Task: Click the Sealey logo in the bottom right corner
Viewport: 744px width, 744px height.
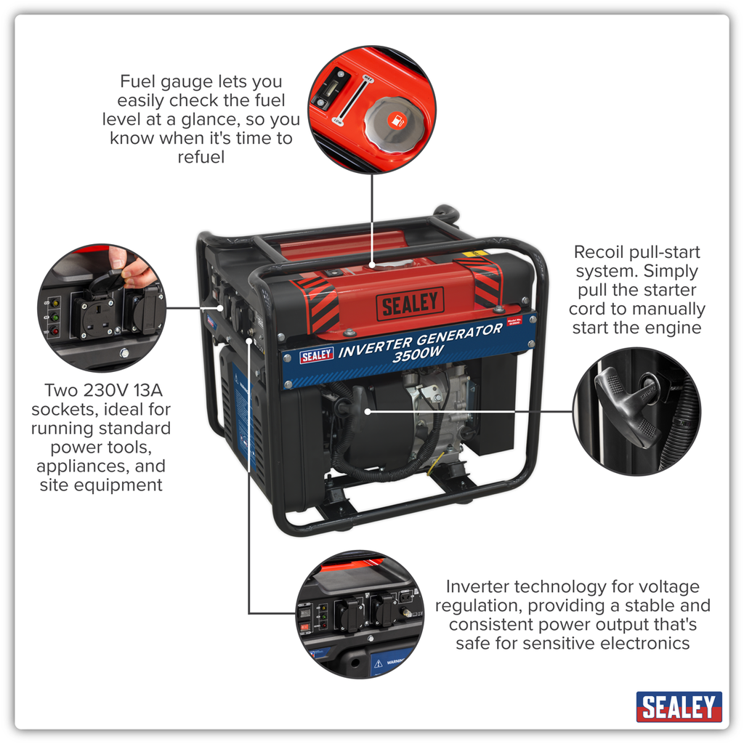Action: coord(679,706)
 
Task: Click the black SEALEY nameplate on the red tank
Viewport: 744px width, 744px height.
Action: coord(410,305)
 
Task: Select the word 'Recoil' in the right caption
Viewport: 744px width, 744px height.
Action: coord(600,252)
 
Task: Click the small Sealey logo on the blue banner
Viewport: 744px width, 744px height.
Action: coord(317,355)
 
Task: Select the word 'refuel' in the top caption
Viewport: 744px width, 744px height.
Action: coord(201,157)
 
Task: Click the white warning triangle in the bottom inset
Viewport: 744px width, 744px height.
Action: coord(377,663)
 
